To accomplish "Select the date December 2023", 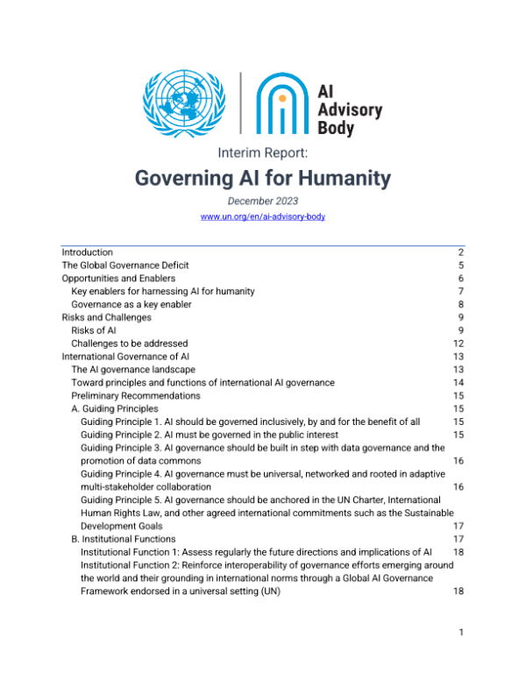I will pyautogui.click(x=263, y=202).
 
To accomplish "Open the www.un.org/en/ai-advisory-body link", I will pyautogui.click(x=263, y=216).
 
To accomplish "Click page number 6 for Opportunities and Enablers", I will pyautogui.click(x=459, y=278).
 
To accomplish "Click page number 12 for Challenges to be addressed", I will pyautogui.click(x=458, y=344).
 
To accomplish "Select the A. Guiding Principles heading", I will pyautogui.click(x=115, y=408).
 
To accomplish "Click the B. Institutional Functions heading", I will pyautogui.click(x=123, y=538).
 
